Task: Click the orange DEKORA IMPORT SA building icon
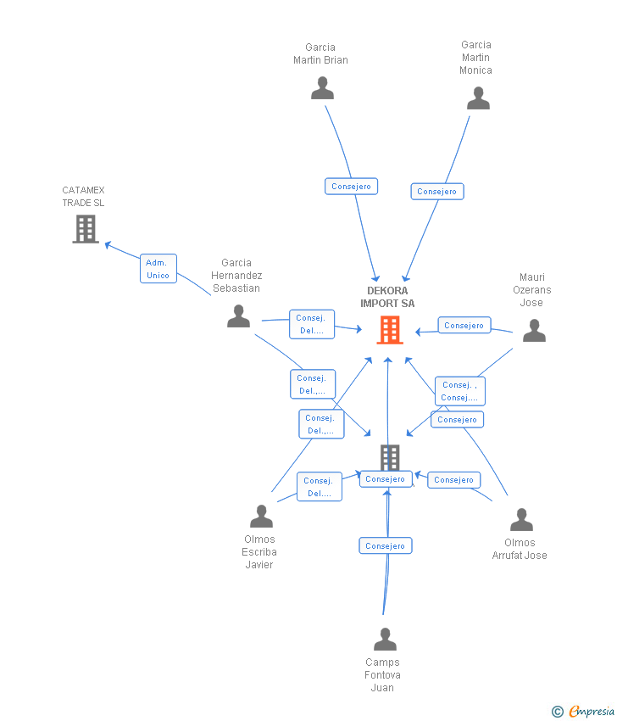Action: [x=389, y=330]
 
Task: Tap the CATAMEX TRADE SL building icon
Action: [x=86, y=228]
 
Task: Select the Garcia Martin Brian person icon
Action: [x=322, y=88]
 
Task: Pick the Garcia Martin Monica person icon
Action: [x=478, y=98]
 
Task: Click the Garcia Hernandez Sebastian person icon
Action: [x=239, y=316]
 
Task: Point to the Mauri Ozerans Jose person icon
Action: [x=534, y=331]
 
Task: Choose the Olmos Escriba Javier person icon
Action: [x=261, y=516]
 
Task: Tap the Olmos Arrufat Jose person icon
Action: [x=521, y=519]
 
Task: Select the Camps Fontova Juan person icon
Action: [x=385, y=640]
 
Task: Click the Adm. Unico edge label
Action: [x=158, y=269]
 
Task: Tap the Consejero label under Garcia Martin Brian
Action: [x=351, y=187]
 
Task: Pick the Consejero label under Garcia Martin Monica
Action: [x=437, y=192]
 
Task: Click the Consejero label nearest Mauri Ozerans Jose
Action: [x=464, y=325]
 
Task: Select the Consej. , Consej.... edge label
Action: [x=460, y=391]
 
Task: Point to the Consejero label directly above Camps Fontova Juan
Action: [x=385, y=546]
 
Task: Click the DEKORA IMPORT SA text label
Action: [x=387, y=297]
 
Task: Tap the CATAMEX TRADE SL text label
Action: [x=83, y=197]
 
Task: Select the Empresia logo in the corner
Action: [x=584, y=711]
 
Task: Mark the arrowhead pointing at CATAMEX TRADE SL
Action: [x=108, y=244]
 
